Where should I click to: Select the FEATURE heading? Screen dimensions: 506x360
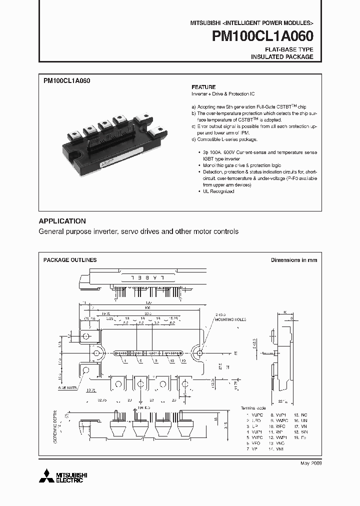click(x=203, y=86)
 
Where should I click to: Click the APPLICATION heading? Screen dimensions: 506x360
click(x=62, y=221)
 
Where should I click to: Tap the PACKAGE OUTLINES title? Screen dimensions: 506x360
click(x=70, y=260)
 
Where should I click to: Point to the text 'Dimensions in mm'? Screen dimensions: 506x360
click(x=294, y=260)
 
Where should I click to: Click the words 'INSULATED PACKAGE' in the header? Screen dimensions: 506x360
click(x=282, y=57)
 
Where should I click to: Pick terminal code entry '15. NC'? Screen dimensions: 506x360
click(x=301, y=415)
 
